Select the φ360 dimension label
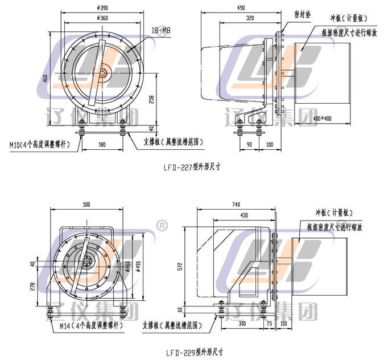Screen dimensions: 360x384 (x=104, y=18)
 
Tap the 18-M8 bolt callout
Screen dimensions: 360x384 (x=162, y=29)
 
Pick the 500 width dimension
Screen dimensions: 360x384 (x=86, y=203)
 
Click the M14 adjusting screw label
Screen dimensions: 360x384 (x=91, y=326)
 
